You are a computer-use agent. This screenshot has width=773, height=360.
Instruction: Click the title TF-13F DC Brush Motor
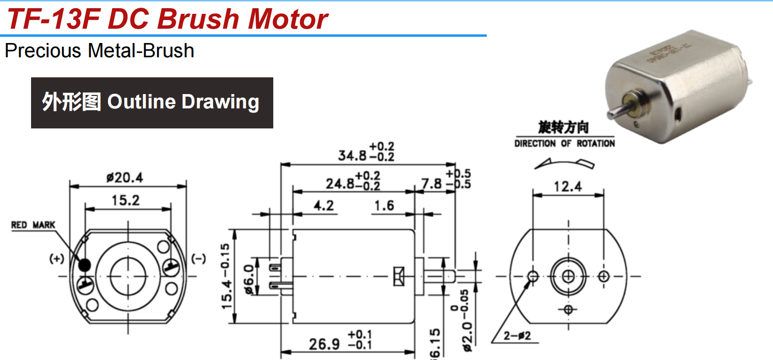167,19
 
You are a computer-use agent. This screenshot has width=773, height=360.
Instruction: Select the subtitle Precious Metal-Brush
99,51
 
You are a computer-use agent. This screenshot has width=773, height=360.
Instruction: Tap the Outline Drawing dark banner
152,103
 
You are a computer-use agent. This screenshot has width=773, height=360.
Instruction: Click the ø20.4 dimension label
125,178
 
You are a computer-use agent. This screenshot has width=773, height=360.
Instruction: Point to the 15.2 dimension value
126,201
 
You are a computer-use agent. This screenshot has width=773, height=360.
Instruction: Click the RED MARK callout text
33,225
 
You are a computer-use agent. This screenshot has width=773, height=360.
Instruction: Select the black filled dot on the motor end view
84,265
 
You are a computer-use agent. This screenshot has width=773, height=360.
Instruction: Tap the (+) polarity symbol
56,259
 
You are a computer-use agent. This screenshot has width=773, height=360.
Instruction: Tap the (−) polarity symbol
199,259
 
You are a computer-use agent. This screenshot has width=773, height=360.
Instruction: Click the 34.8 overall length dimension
352,155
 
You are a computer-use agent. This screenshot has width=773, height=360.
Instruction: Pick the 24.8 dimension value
340,184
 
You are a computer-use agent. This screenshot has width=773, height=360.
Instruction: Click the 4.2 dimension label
323,206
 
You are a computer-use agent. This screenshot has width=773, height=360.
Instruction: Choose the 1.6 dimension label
384,206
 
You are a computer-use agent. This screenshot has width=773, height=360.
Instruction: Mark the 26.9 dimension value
324,344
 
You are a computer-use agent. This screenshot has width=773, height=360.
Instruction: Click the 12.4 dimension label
568,187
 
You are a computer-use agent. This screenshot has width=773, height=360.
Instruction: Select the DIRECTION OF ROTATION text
564,143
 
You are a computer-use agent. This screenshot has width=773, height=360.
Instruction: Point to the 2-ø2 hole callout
517,336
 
